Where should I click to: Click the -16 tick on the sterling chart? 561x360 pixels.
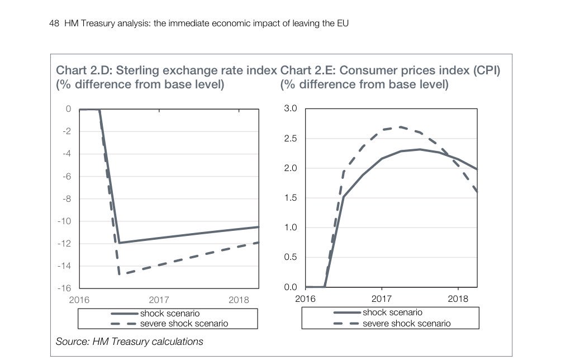click(65, 288)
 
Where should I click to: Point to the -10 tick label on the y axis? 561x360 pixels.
click(65, 221)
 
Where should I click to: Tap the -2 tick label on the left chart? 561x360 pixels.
click(67, 131)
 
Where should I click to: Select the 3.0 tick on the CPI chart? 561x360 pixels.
click(291, 108)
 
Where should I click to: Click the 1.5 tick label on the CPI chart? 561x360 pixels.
click(291, 198)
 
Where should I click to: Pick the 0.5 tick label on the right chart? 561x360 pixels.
click(291, 257)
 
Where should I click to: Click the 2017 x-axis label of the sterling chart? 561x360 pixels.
click(159, 300)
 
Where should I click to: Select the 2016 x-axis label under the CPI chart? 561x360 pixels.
click(305, 299)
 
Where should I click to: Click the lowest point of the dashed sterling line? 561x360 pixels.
click(119, 274)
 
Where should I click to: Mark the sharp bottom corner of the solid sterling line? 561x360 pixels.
click(119, 243)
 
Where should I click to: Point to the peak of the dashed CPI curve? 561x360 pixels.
click(400, 127)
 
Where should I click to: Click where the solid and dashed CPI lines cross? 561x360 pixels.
click(450, 156)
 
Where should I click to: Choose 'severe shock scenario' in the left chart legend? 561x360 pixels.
click(184, 323)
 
